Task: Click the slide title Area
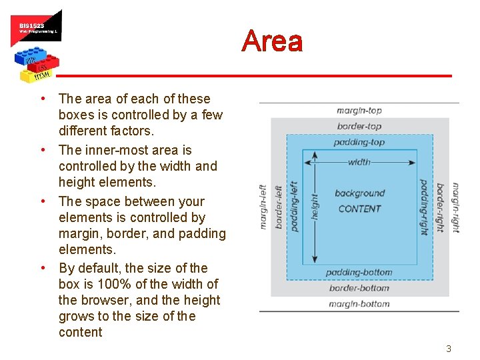272,41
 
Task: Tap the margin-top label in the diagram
359,111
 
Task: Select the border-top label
359,126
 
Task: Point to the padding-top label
359,142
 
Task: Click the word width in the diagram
359,161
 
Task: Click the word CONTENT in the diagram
359,209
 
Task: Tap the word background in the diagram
359,193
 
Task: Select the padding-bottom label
359,273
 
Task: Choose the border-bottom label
359,288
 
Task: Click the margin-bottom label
359,304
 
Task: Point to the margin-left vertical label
263,207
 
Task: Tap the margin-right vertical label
456,207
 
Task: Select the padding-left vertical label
294,207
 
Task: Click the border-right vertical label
440,207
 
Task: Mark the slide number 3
449,349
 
